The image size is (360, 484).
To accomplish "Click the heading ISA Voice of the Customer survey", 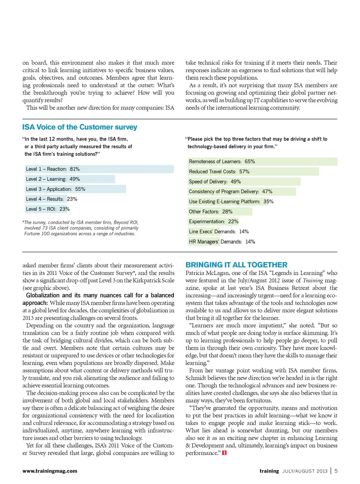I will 79,127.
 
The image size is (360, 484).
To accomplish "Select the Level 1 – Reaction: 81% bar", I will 99,169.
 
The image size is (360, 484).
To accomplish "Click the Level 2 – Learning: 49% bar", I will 70,179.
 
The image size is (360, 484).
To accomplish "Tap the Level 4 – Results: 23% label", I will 51,199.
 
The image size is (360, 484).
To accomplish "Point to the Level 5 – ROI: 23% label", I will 48,209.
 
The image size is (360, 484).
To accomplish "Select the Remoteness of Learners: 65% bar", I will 262,162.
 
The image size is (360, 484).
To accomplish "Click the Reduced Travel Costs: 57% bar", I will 253,172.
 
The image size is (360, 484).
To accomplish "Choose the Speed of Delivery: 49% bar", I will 244,182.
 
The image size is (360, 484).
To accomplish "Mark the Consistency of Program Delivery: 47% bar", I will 241,192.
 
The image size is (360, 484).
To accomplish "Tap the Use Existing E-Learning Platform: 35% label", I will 231,202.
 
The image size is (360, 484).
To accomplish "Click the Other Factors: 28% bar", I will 220,212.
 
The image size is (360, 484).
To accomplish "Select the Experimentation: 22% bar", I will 213,222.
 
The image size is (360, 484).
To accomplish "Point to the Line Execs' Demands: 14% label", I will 219,232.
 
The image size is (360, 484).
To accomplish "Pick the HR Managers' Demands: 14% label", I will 222,242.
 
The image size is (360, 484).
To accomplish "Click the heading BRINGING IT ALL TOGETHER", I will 236,265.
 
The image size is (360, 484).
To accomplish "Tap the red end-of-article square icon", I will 224,453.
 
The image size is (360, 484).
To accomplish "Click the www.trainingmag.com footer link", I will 50,471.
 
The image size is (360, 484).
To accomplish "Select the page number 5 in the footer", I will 336,471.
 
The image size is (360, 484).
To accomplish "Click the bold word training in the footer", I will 269,471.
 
